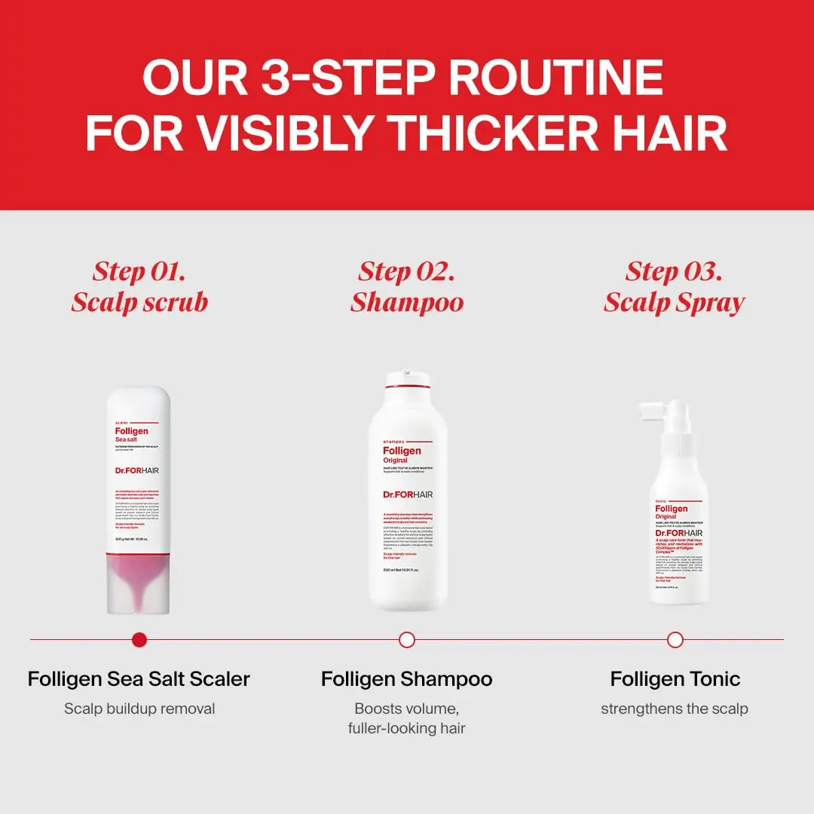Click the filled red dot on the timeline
click(139, 640)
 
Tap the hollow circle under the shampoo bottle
click(407, 640)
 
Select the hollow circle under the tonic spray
click(675, 640)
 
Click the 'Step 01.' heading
click(139, 271)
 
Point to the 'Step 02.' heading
click(407, 271)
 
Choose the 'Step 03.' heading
click(674, 271)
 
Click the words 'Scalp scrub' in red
click(139, 302)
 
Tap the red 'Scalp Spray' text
click(674, 302)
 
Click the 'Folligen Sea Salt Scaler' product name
click(139, 678)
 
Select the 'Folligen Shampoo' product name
click(407, 678)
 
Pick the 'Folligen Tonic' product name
click(675, 678)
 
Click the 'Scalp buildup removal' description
click(139, 708)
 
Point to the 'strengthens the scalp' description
click(675, 708)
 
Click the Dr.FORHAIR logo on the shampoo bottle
click(408, 494)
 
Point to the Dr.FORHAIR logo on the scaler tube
click(137, 470)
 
